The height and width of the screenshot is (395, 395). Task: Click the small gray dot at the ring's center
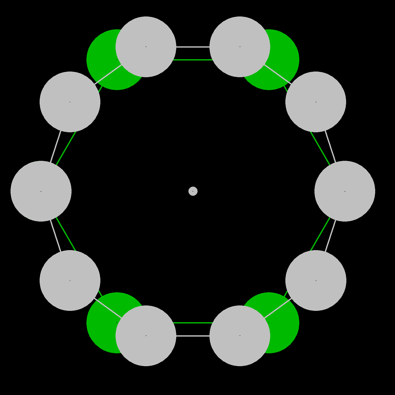pyautogui.click(x=193, y=191)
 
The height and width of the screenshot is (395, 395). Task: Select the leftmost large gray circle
pyautogui.click(x=41, y=191)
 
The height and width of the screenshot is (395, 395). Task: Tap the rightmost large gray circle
pyautogui.click(x=345, y=191)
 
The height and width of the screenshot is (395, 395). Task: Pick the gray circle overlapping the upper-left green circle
pyautogui.click(x=146, y=47)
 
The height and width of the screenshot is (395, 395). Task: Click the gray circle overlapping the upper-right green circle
pyautogui.click(x=240, y=47)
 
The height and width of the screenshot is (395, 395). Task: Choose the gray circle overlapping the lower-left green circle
pyautogui.click(x=146, y=336)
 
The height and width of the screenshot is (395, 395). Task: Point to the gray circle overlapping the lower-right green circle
pyautogui.click(x=240, y=336)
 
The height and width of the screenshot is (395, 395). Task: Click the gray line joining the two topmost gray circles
pyautogui.click(x=193, y=47)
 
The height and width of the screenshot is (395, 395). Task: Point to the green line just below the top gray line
pyautogui.click(x=193, y=60)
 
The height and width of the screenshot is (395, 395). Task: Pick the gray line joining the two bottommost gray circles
pyautogui.click(x=193, y=336)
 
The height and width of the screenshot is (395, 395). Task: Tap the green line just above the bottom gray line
pyautogui.click(x=193, y=323)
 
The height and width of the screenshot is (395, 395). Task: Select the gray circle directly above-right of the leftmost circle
pyautogui.click(x=70, y=102)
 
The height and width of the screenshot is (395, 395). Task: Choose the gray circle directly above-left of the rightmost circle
pyautogui.click(x=316, y=102)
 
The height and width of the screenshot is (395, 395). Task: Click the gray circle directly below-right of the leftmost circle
pyautogui.click(x=70, y=280)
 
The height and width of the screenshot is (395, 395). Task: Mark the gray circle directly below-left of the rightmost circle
pyautogui.click(x=316, y=280)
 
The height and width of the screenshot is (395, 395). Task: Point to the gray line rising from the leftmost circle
pyautogui.click(x=56, y=147)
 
